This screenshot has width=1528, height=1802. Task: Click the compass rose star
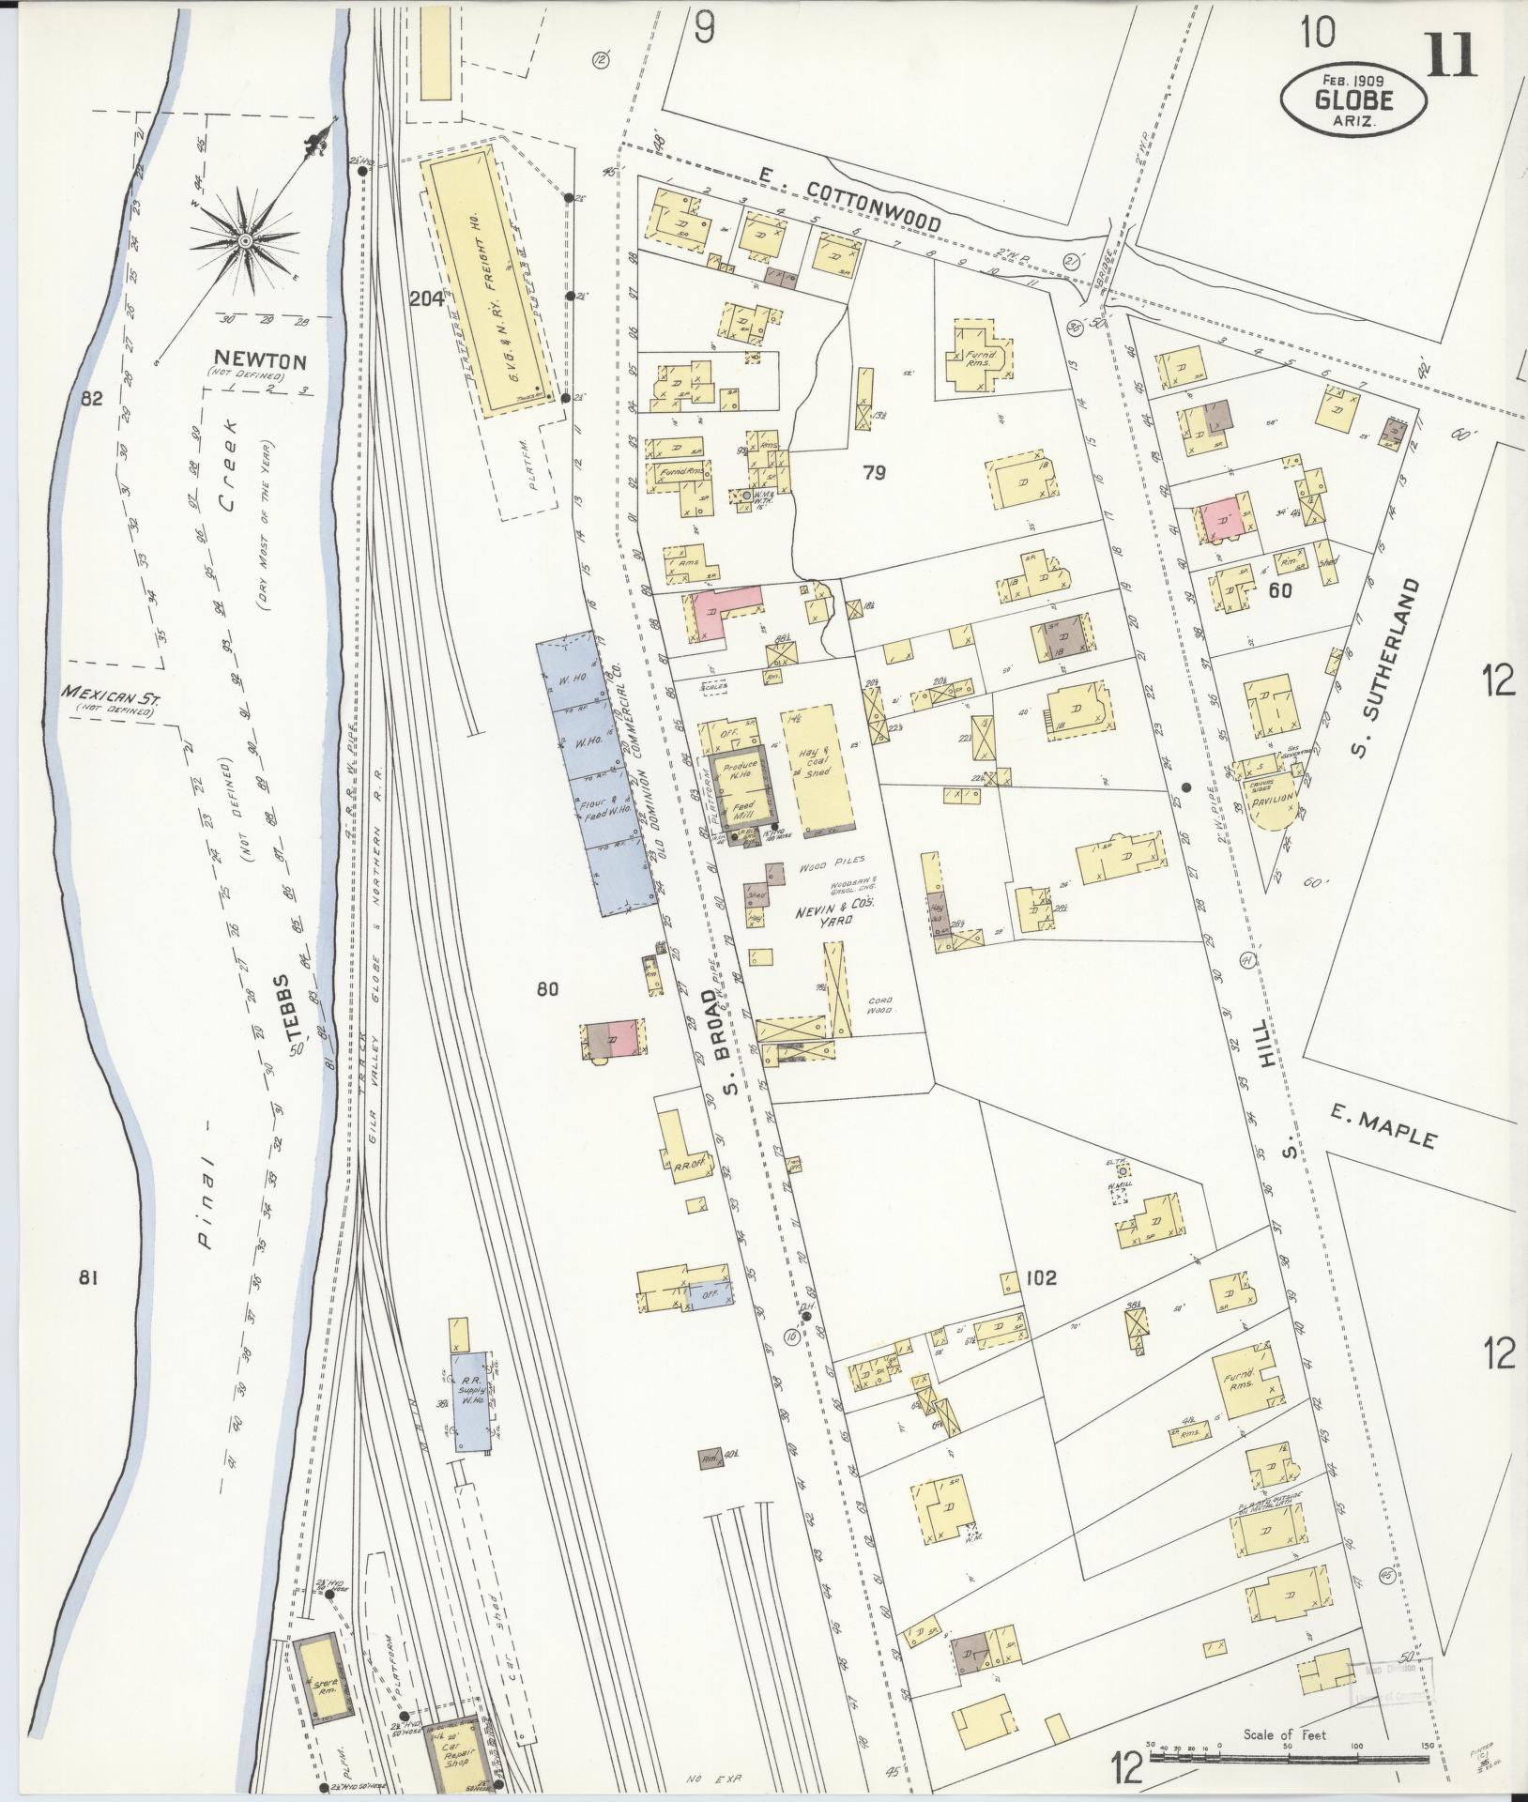244,241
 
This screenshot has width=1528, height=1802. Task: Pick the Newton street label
247,359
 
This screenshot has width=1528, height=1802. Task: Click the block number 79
874,473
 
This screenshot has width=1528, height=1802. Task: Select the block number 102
1041,1277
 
